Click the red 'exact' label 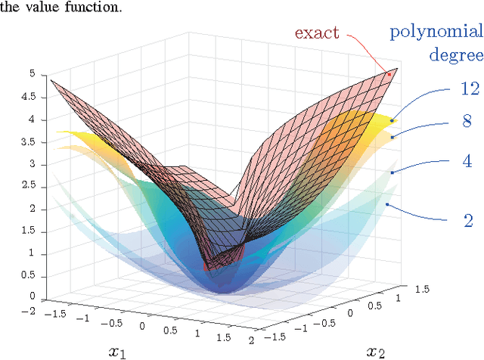pos(316,33)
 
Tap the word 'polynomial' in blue pos(435,33)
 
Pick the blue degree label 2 pos(468,220)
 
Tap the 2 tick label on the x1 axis pos(249,341)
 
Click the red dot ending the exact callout pos(390,74)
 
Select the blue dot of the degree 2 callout pos(387,204)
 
